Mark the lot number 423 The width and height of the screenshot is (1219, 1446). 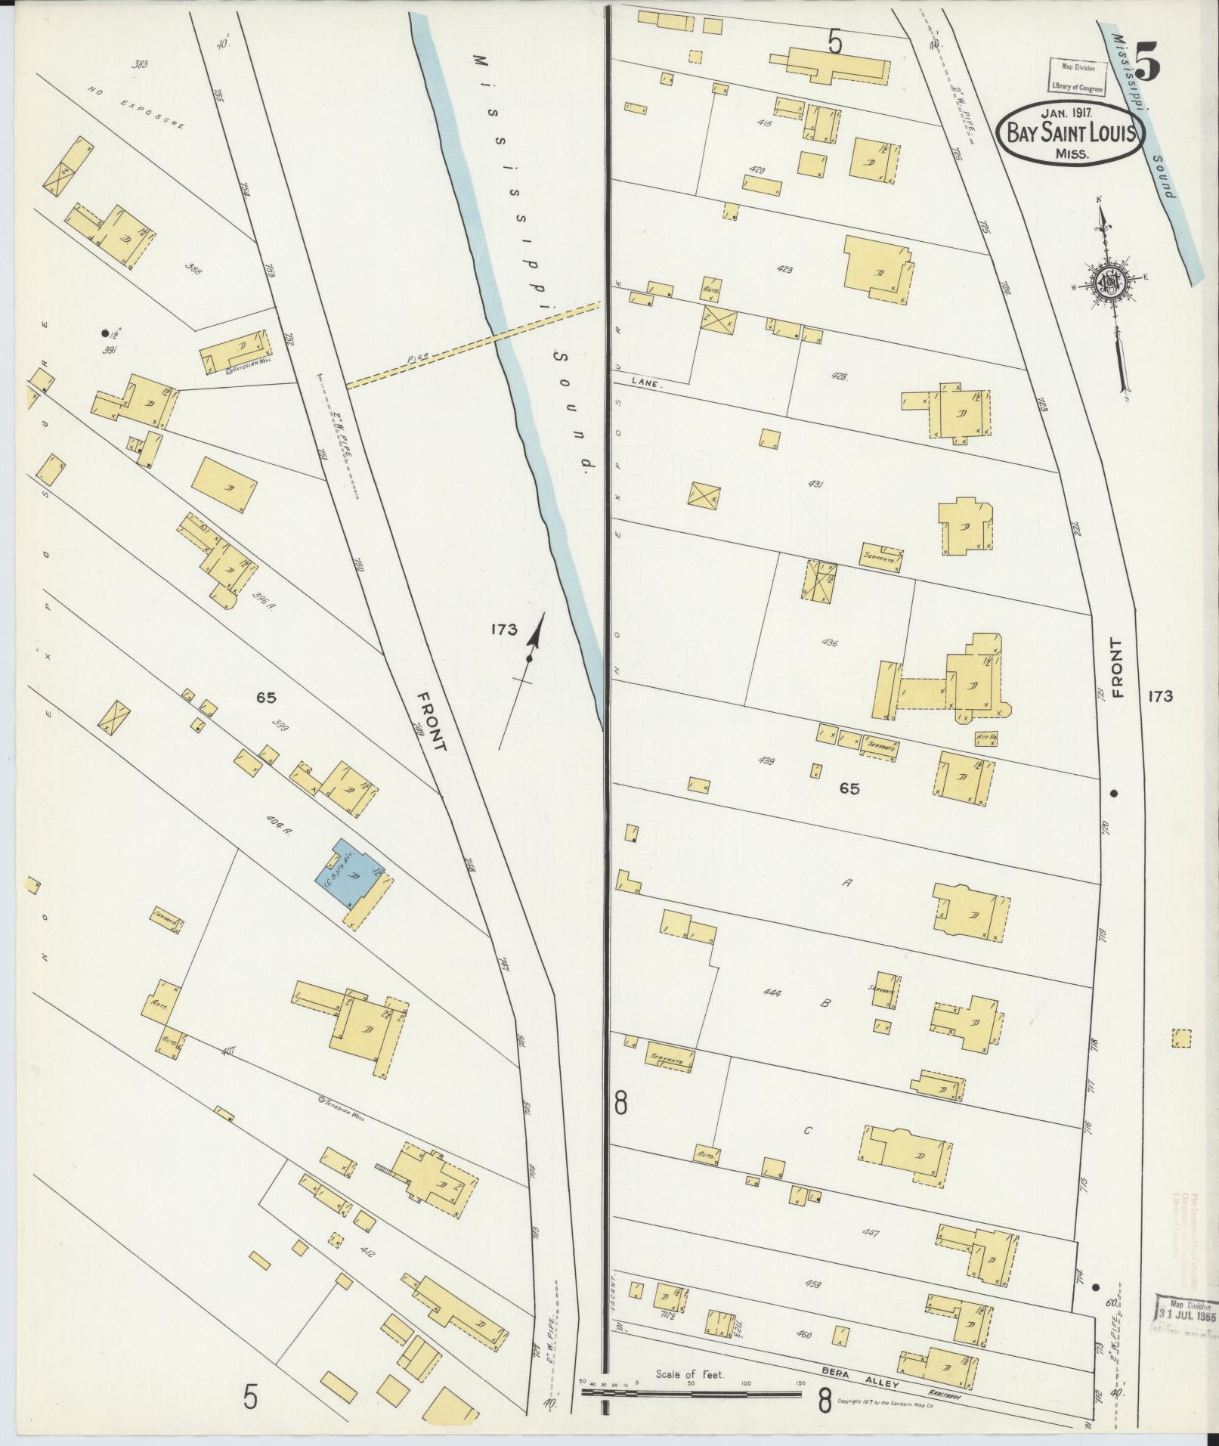[784, 269]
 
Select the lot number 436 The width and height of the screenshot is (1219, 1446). [829, 643]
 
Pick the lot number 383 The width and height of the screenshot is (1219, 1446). [139, 65]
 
